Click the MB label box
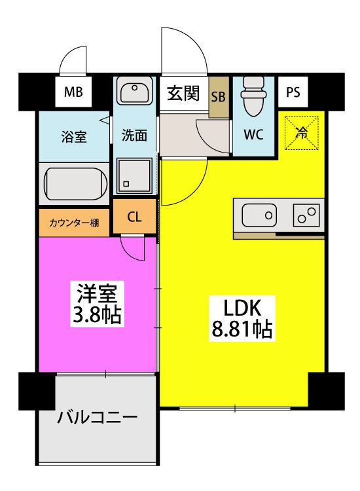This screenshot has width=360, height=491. [x=73, y=93]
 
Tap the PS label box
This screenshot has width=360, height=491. [x=293, y=93]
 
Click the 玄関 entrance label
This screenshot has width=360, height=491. [x=183, y=93]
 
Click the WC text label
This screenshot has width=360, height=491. [x=253, y=136]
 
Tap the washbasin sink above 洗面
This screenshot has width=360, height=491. [x=134, y=92]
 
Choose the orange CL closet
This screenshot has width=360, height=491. [x=134, y=217]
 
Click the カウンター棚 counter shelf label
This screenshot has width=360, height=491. [x=74, y=223]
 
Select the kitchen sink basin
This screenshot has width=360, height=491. [x=259, y=215]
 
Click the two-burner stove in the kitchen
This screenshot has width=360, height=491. [x=306, y=215]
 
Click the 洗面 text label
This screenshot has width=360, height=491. [x=134, y=136]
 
